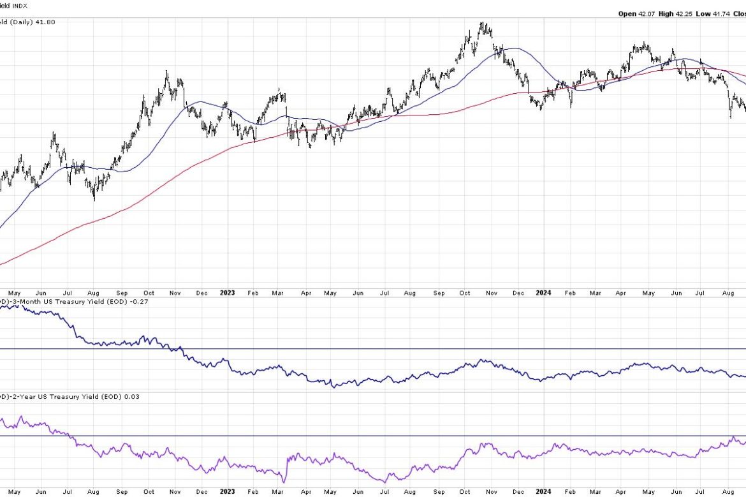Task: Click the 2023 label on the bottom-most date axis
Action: [x=227, y=492]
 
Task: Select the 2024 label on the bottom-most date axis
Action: [x=543, y=492]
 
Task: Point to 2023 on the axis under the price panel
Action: [x=227, y=293]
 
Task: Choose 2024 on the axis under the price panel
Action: [x=543, y=293]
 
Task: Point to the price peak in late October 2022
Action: [x=167, y=72]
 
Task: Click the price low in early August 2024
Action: [x=731, y=117]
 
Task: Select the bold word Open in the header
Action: [x=627, y=13]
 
